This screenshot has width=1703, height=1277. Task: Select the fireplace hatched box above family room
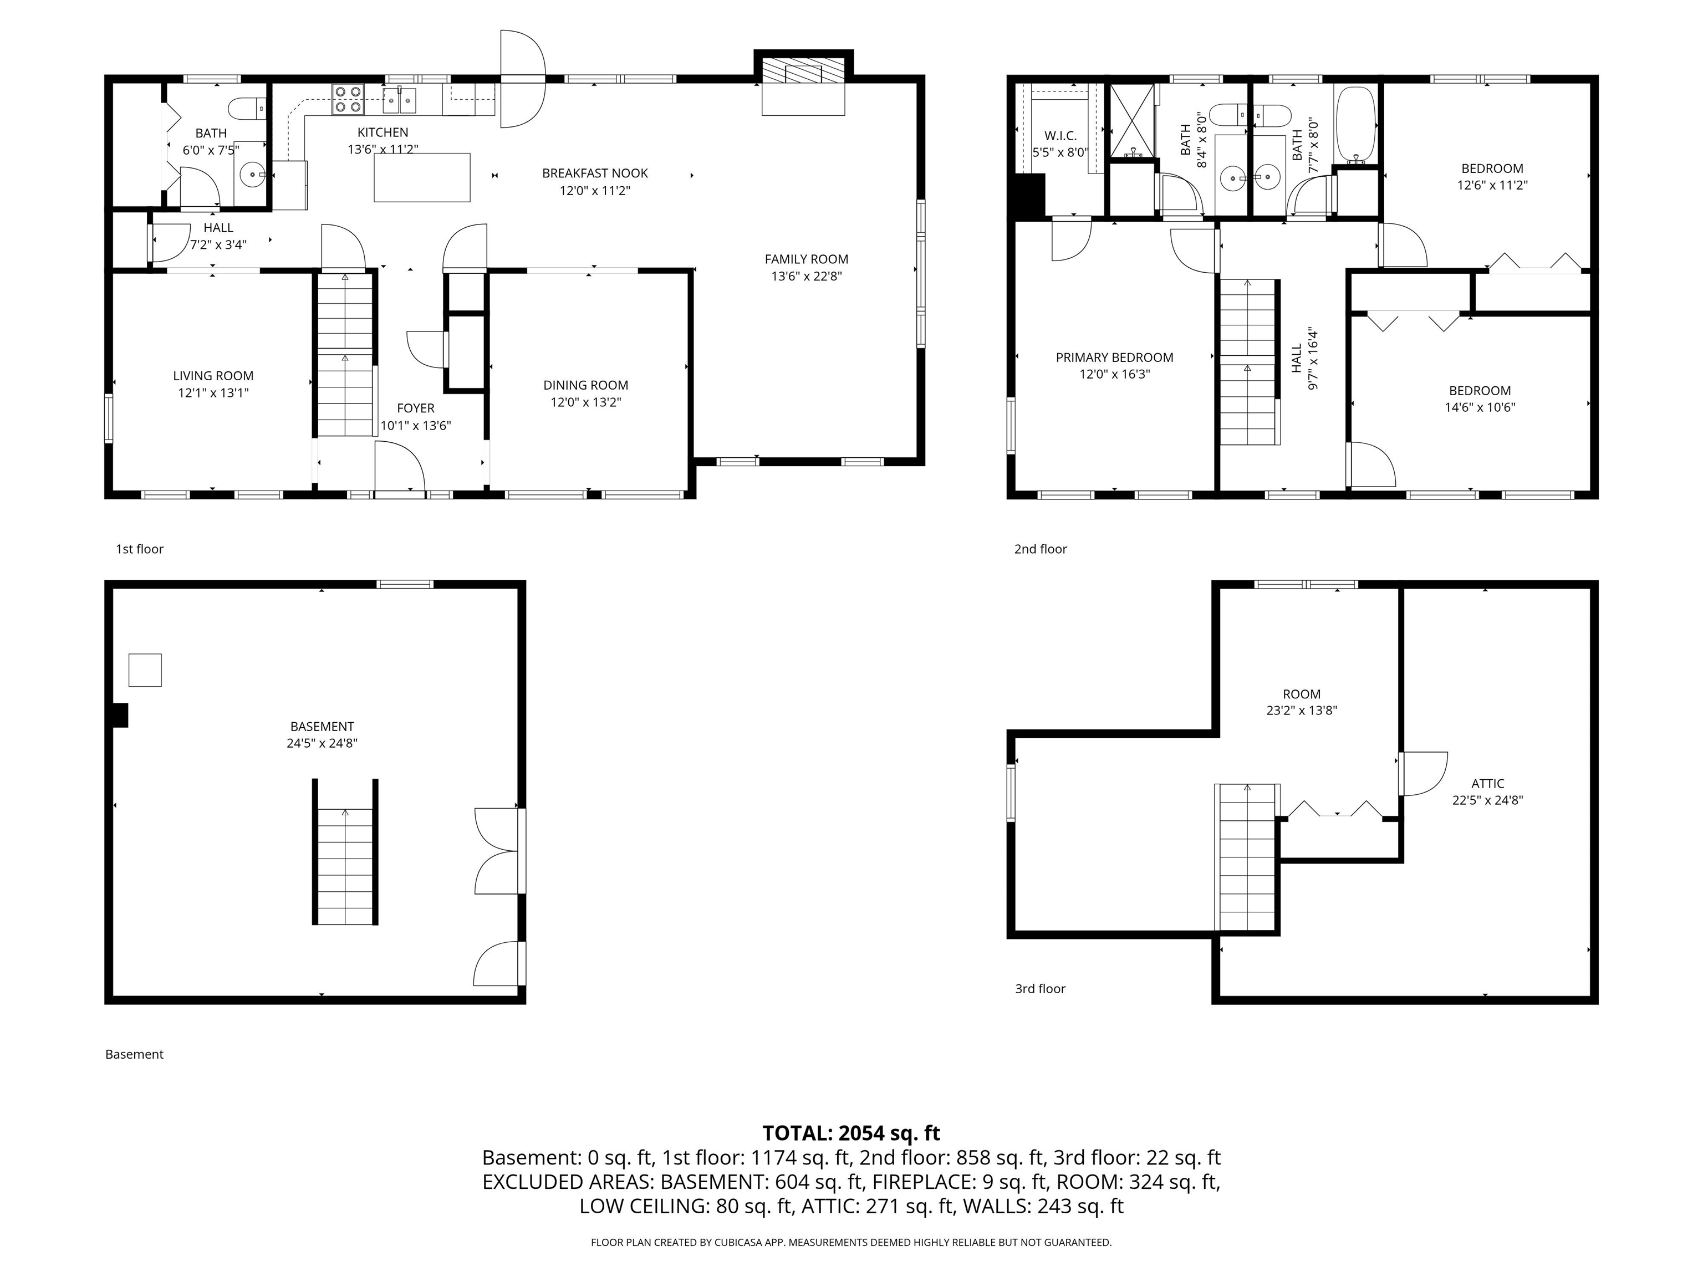[803, 73]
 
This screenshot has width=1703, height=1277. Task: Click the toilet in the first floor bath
[248, 109]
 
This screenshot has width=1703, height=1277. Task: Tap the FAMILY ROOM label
[806, 259]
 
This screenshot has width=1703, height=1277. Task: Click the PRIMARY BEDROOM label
[1114, 357]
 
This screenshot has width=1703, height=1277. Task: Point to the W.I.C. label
[1060, 135]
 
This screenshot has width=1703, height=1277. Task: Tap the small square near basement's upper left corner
[145, 670]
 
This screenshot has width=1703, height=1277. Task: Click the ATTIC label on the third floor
[1487, 784]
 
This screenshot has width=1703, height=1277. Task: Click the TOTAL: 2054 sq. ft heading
[851, 1133]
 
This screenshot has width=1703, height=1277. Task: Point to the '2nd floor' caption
[1040, 549]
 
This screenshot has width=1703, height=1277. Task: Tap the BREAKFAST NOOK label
[594, 173]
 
